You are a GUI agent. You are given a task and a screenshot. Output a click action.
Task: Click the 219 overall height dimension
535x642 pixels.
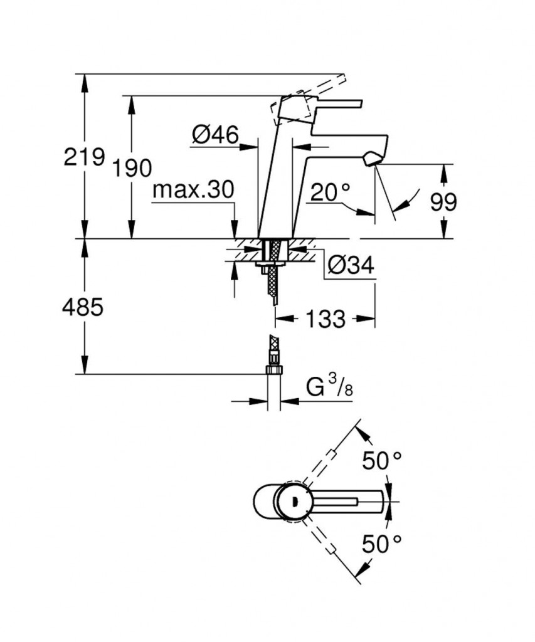tap(84, 157)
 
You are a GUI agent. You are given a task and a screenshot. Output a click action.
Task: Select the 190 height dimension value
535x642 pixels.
tap(132, 168)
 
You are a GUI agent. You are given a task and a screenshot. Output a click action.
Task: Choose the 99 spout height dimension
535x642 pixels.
tap(443, 202)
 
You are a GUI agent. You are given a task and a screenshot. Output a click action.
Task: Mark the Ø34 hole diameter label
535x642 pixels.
tap(351, 267)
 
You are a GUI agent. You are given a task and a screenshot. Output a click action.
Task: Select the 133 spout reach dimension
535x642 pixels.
tap(326, 319)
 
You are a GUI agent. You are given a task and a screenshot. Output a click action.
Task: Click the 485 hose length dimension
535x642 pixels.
tap(83, 307)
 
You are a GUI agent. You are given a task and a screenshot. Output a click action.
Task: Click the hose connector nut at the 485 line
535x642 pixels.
tap(273, 371)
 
